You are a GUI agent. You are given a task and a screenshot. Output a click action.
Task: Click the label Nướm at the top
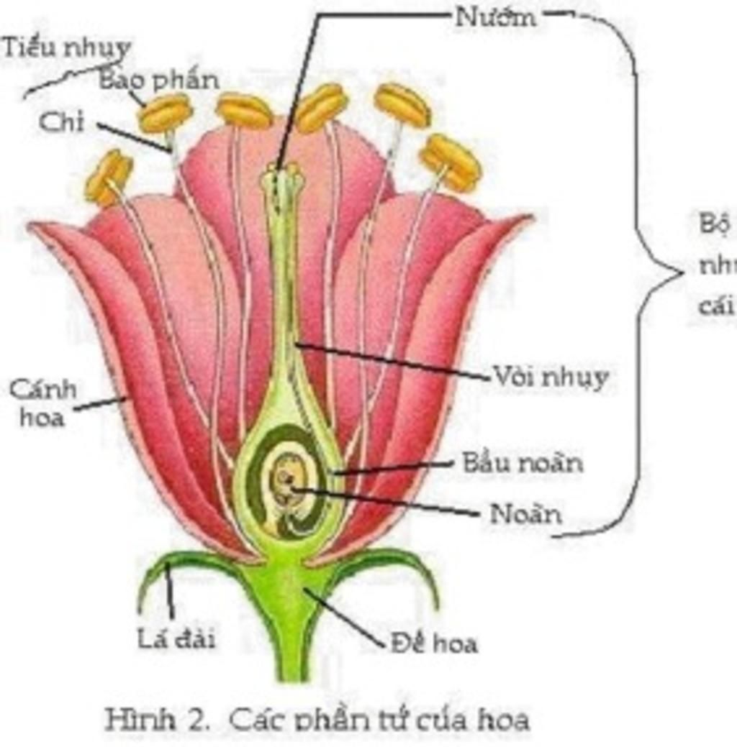(496, 17)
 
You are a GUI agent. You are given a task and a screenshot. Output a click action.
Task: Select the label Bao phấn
(159, 80)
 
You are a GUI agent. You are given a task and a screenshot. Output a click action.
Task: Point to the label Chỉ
(61, 123)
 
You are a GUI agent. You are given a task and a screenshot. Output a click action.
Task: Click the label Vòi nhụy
(550, 377)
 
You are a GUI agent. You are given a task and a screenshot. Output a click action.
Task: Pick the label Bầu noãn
(522, 462)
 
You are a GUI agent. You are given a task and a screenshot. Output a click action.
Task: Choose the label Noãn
(525, 514)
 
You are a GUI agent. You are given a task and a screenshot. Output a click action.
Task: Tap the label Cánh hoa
(42, 403)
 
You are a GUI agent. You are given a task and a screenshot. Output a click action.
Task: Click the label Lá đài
(176, 638)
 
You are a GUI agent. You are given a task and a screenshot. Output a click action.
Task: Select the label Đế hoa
(434, 643)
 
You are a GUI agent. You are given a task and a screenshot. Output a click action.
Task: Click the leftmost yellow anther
(109, 176)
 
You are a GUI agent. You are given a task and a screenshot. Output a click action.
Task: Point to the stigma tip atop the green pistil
(282, 172)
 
